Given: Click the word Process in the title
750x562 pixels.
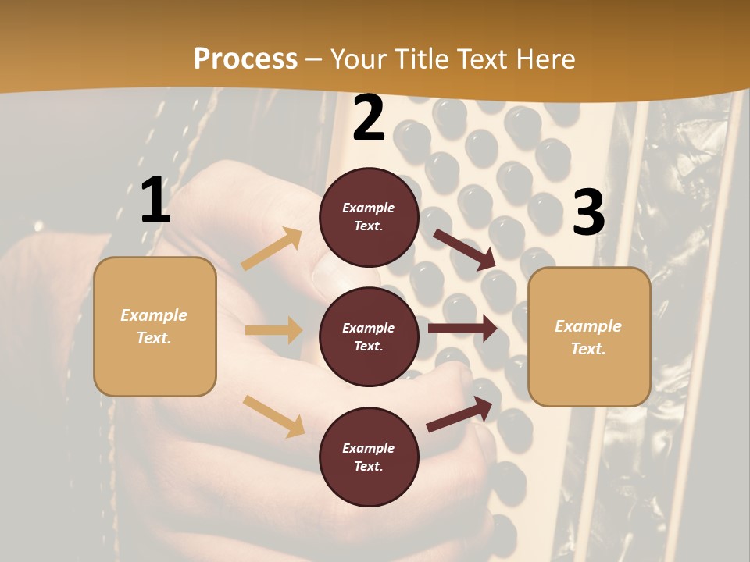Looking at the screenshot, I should click(x=245, y=59).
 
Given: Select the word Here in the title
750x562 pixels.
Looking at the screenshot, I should click(x=543, y=59).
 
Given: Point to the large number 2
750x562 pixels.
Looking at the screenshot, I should click(x=369, y=118).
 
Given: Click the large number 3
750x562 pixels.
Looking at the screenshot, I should click(x=588, y=213).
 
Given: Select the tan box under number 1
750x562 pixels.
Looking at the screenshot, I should click(x=155, y=326).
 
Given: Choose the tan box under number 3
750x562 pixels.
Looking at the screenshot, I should click(x=589, y=336).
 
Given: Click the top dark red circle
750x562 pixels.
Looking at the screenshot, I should click(x=369, y=217).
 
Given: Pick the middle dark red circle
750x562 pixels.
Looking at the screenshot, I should click(x=369, y=336).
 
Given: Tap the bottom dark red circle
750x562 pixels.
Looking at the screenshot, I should click(x=369, y=457).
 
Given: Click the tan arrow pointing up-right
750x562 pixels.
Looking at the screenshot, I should click(x=272, y=249).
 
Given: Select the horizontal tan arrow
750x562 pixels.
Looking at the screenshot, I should click(x=273, y=330).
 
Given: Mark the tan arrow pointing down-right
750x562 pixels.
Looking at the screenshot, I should click(x=273, y=416).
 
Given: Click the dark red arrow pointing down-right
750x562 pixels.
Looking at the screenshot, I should click(x=465, y=250).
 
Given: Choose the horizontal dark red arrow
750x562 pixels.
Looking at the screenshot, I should click(x=462, y=329).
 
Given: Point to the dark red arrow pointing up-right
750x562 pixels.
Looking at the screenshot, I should click(x=460, y=414).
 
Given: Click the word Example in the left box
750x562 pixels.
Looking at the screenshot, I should click(x=154, y=315).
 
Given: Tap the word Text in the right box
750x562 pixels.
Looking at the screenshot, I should click(x=587, y=349).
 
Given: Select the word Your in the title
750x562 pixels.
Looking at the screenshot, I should click(x=359, y=59).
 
